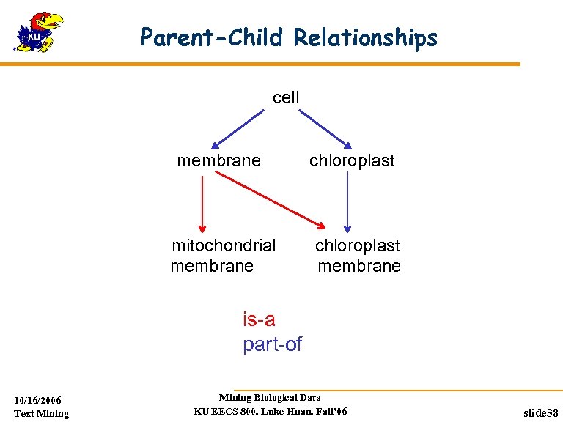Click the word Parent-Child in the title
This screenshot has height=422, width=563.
click(x=212, y=37)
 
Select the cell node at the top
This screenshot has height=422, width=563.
click(x=286, y=97)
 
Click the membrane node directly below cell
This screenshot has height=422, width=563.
click(x=218, y=160)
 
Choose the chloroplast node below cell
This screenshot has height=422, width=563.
click(x=352, y=160)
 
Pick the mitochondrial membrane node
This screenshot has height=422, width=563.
click(x=223, y=255)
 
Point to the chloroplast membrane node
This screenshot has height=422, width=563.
click(x=358, y=255)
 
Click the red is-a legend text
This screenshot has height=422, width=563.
click(x=259, y=319)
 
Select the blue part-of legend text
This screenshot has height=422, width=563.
click(x=272, y=344)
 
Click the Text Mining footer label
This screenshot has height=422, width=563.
click(x=42, y=413)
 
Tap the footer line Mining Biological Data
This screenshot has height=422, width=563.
click(x=270, y=398)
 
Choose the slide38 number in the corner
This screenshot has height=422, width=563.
click(x=541, y=413)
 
